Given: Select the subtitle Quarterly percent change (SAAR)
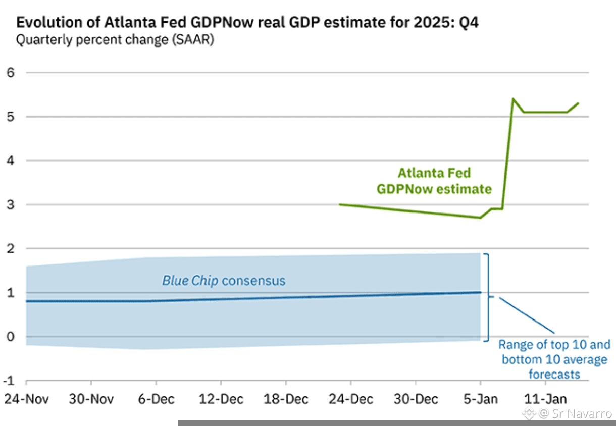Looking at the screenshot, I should (x=115, y=39).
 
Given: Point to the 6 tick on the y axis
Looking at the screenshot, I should (x=10, y=72).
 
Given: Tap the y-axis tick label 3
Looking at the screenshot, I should (x=10, y=204).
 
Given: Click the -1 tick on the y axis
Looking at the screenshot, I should (x=9, y=381).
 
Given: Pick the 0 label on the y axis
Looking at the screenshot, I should (x=10, y=337).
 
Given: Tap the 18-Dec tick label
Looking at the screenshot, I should (x=285, y=398).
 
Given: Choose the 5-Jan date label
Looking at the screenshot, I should (x=480, y=398).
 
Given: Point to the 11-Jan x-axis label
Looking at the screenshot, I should (x=545, y=398).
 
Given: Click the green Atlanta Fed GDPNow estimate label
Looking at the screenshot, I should (x=434, y=181).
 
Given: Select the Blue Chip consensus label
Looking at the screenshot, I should (x=224, y=280).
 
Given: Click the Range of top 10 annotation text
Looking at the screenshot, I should (x=554, y=359).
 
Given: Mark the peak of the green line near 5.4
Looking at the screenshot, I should (x=513, y=99).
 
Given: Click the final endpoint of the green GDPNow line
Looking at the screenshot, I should (x=578, y=103).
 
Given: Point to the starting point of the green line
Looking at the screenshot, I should (x=339, y=204).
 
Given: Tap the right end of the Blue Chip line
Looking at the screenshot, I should (x=480, y=292).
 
